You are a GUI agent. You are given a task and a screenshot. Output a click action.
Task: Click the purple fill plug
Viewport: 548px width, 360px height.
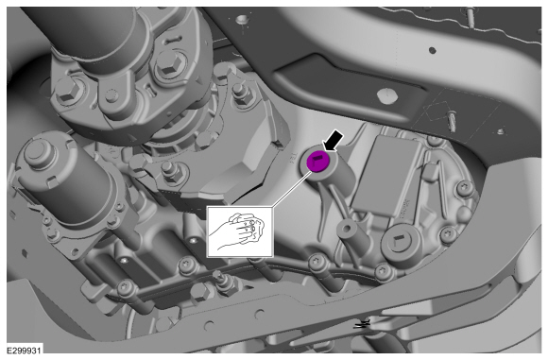[x=318, y=162]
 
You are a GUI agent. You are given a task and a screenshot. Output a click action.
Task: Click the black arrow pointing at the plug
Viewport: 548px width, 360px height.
[x=334, y=141]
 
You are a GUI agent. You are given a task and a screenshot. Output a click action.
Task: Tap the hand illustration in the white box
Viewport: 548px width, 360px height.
[x=239, y=231]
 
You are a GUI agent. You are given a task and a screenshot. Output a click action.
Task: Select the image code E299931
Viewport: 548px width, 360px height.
[x=25, y=351]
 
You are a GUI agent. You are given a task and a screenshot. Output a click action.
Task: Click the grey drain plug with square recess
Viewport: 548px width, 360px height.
[x=398, y=242]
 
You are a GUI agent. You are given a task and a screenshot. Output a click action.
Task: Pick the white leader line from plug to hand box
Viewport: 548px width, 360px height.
[x=291, y=189]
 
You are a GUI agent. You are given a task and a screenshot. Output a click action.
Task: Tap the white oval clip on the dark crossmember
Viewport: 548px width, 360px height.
[x=388, y=94]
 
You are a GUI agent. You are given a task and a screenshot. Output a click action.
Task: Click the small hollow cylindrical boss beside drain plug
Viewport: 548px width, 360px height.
[x=347, y=229]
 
